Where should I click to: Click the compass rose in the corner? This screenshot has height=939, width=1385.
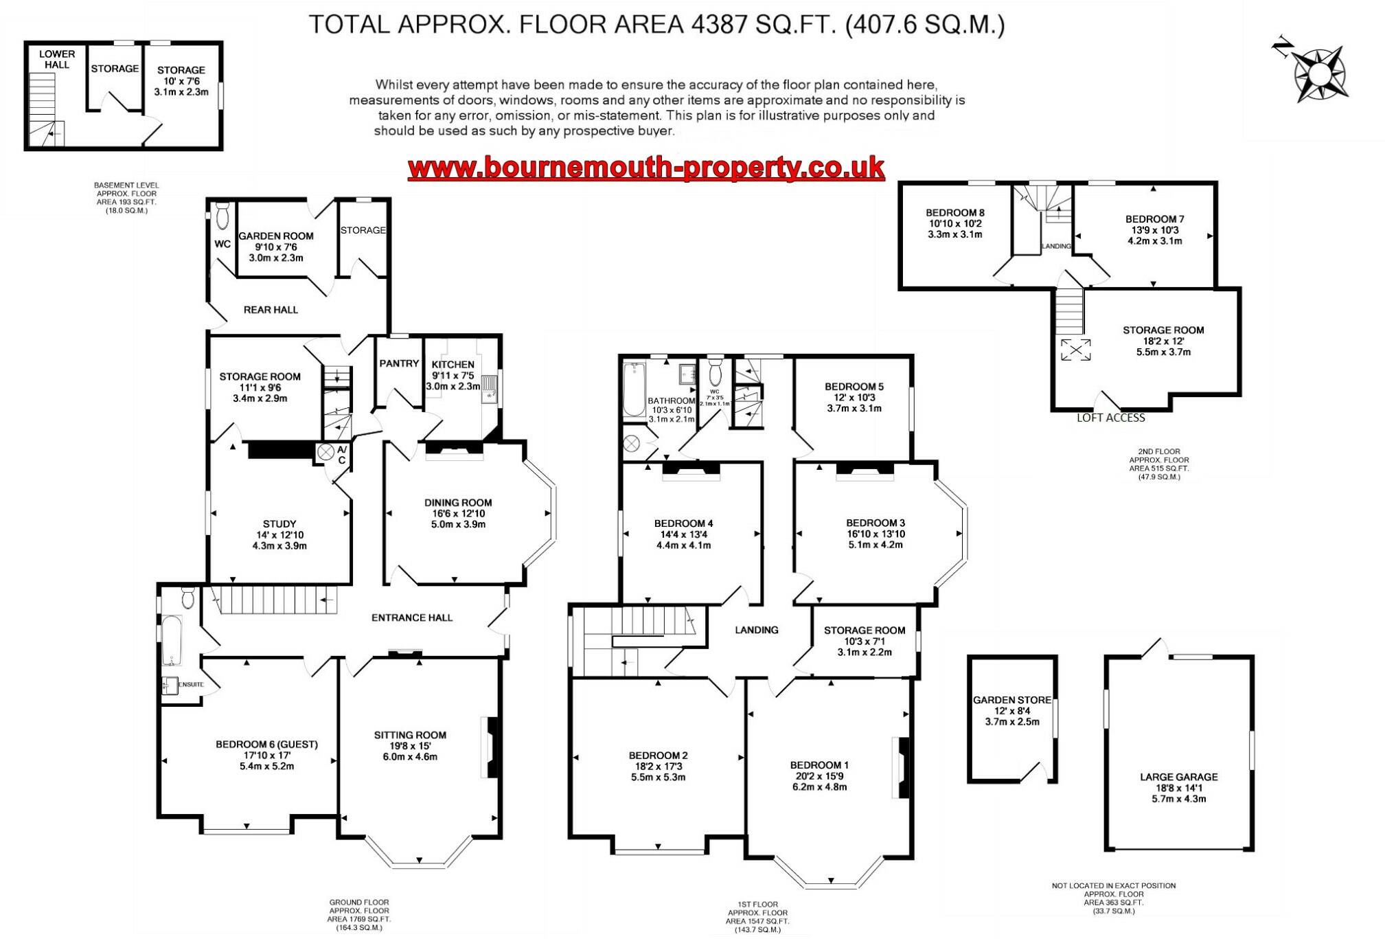[x=1319, y=74]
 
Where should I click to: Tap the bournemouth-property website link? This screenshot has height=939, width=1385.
[x=645, y=167]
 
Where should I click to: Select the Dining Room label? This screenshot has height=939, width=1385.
[x=457, y=502]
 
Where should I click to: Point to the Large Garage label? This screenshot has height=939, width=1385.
[x=1178, y=777]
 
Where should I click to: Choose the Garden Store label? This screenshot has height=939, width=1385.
[x=1011, y=700]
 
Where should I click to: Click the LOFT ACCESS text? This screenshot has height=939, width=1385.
[x=1110, y=418]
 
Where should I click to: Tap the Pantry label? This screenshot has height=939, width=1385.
[x=398, y=363]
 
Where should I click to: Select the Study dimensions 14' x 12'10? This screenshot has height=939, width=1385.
[x=279, y=535]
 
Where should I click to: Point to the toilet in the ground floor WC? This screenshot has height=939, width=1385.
[x=222, y=216]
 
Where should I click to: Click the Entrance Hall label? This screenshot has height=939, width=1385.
[x=411, y=618]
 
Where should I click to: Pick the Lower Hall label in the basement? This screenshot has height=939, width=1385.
[x=57, y=59]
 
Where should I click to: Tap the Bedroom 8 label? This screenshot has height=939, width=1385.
[x=954, y=212]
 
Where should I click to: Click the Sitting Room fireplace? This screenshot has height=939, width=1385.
[x=491, y=747]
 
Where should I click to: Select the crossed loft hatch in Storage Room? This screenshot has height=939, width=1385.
[x=1075, y=350]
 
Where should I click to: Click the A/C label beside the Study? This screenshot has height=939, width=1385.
[x=341, y=455]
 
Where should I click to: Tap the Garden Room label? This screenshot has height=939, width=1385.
[x=275, y=236]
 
